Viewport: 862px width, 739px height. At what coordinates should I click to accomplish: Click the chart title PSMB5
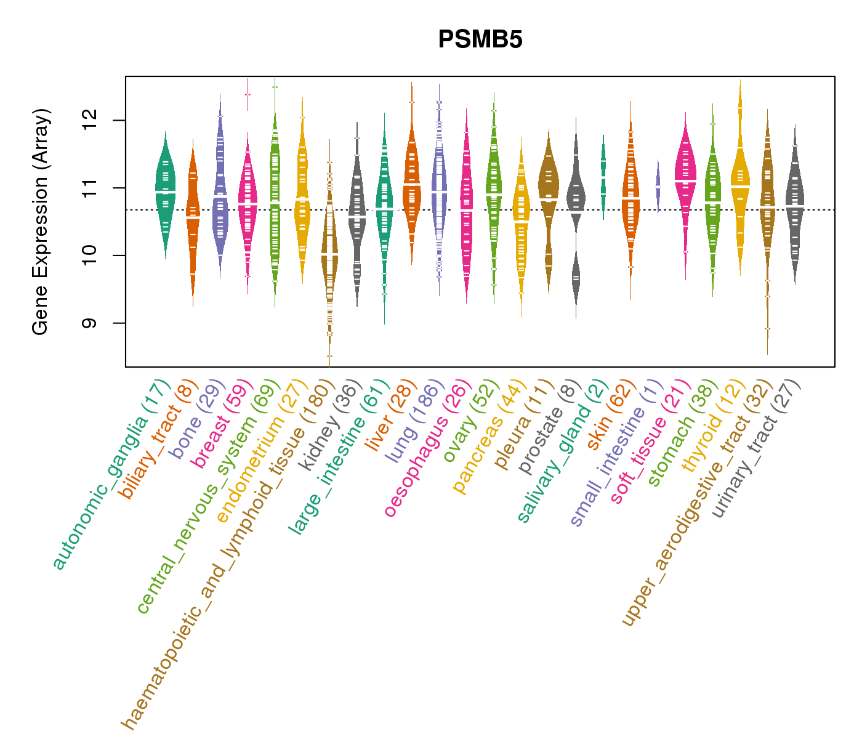480,40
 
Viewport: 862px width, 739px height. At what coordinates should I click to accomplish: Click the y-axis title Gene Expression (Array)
41,222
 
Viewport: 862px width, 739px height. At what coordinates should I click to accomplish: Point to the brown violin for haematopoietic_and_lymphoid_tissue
329,252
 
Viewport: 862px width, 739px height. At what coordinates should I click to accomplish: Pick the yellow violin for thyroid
740,185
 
